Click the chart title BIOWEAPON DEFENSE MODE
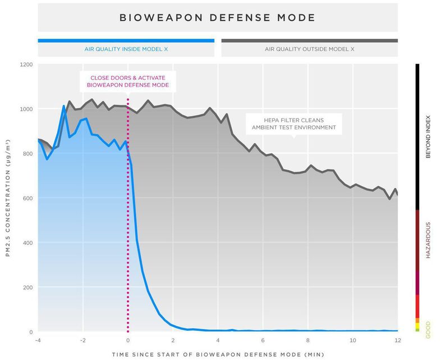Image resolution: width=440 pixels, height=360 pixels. coord(217,18)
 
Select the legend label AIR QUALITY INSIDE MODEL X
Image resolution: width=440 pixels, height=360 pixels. coord(126,49)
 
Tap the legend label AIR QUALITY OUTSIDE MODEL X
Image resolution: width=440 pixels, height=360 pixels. coord(309,49)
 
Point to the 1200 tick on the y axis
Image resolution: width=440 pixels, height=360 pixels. coord(26,65)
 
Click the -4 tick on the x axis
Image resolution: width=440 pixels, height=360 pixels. coord(38,340)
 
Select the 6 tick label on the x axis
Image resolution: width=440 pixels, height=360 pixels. coord(263,340)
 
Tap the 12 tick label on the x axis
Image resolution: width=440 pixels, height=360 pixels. coord(397,340)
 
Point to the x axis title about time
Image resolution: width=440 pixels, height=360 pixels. coord(217,354)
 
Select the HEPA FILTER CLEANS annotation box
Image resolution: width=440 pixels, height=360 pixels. coord(294,124)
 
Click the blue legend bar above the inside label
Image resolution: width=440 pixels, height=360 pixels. coord(126,40)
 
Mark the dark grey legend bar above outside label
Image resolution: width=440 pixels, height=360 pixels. coord(309,40)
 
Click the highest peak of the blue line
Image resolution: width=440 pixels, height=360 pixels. coord(63,106)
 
